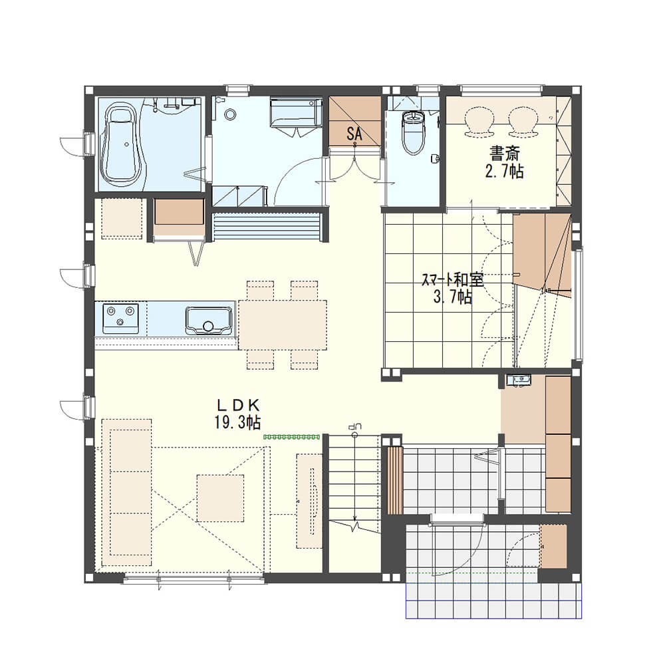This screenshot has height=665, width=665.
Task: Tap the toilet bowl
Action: click(x=413, y=132)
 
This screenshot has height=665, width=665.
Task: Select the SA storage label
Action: click(x=354, y=134)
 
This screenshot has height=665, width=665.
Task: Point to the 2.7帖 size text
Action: click(x=504, y=171)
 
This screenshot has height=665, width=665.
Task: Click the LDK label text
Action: click(x=238, y=406)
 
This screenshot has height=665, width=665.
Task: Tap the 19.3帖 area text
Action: click(x=237, y=422)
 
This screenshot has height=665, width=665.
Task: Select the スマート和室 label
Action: click(x=452, y=279)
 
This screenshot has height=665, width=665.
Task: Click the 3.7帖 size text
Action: click(x=452, y=297)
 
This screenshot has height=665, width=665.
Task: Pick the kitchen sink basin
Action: click(x=209, y=321)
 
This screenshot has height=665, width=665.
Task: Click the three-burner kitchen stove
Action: click(x=120, y=319)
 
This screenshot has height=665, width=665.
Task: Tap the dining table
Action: click(x=283, y=325)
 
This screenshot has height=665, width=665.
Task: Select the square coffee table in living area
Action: click(x=220, y=498)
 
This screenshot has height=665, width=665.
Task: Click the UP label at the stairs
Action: click(x=354, y=426)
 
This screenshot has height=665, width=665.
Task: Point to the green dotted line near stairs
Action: click(x=291, y=436)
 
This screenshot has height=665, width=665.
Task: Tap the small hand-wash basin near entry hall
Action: click(x=518, y=380)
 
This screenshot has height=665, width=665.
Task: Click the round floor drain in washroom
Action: click(x=230, y=114)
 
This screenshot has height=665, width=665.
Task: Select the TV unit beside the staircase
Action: click(x=309, y=501)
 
